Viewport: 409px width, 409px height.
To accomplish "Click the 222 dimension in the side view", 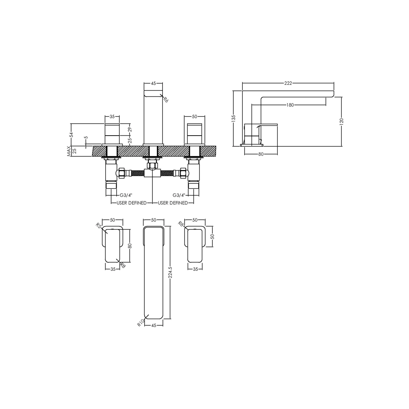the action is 288,83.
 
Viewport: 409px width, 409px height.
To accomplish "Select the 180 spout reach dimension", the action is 290,105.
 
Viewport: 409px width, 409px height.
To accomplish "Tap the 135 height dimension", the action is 233,118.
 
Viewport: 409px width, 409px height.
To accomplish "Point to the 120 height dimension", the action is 342,121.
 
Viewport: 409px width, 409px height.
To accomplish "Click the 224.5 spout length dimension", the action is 170,272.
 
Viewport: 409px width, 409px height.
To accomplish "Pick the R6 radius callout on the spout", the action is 166,99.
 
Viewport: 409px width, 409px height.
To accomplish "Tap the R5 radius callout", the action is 98,225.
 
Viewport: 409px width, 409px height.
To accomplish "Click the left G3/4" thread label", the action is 126,195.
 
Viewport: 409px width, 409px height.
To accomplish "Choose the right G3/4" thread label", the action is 179,195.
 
